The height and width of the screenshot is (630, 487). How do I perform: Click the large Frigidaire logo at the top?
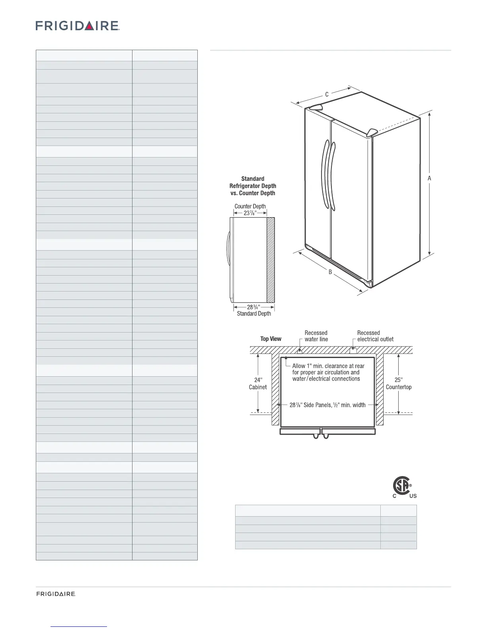[78, 26]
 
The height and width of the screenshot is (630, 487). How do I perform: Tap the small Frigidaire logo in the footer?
[56, 594]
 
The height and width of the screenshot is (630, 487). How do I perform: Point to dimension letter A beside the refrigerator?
[429, 179]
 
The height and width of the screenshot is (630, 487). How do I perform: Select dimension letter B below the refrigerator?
[330, 272]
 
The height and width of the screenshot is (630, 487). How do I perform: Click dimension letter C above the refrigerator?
[327, 95]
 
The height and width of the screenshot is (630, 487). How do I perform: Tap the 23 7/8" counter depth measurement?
[249, 213]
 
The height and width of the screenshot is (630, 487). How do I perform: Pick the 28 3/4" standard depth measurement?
[253, 307]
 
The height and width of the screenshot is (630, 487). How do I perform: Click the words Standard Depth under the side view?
[254, 314]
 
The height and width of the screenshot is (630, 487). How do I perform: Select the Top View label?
[271, 339]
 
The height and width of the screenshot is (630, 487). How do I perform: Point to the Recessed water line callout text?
[316, 336]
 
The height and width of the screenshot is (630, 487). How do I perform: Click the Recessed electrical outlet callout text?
[375, 336]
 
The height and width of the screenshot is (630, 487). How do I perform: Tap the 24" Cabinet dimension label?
[258, 383]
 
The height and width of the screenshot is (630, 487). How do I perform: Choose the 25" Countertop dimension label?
[399, 383]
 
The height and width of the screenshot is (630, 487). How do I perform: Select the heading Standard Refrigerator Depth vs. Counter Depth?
[253, 186]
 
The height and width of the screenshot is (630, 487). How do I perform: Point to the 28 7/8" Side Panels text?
[327, 405]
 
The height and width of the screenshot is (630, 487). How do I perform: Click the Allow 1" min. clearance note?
[328, 372]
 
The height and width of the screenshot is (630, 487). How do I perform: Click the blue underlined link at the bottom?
[79, 626]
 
